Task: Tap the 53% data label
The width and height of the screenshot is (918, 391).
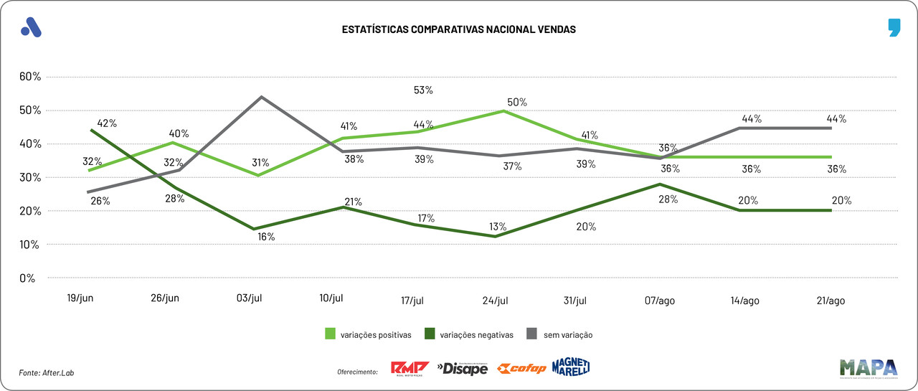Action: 423,90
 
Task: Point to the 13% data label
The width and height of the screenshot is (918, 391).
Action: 498,227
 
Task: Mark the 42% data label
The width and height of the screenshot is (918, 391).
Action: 107,123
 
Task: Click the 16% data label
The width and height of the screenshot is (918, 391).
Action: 266,237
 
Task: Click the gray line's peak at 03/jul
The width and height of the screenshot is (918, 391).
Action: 261,97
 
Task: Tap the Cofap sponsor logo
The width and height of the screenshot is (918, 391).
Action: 521,369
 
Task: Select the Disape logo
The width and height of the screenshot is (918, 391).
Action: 463,369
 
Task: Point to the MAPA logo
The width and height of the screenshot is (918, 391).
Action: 869,368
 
